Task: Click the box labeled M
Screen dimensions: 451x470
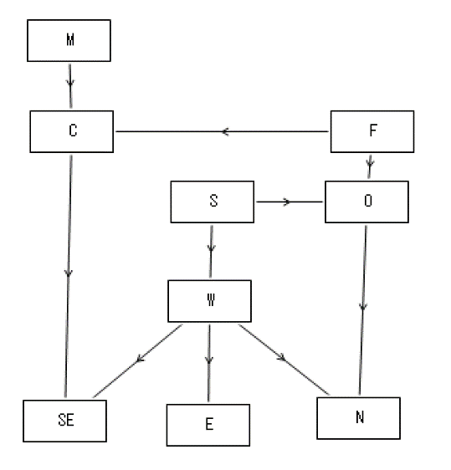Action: click(x=69, y=40)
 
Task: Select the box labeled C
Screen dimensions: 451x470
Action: click(x=72, y=131)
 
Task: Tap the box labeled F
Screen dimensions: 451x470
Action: click(x=372, y=131)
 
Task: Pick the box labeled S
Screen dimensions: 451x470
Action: click(x=213, y=202)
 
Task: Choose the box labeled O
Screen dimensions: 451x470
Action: click(x=366, y=202)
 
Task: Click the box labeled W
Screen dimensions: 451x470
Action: click(x=210, y=301)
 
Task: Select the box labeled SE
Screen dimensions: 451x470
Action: click(x=64, y=421)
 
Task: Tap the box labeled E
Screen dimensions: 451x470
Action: click(x=208, y=425)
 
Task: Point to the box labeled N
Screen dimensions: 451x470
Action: click(x=359, y=418)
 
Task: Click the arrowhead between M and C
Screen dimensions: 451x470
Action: click(x=70, y=83)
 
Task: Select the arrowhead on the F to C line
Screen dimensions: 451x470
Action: click(x=226, y=131)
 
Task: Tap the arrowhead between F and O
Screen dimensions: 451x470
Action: click(x=370, y=163)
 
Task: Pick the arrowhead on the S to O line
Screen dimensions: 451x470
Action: click(x=287, y=202)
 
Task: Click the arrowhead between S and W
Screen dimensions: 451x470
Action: click(x=211, y=248)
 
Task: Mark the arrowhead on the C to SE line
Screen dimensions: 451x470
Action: click(x=69, y=273)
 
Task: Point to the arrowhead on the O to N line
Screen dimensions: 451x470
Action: click(x=363, y=306)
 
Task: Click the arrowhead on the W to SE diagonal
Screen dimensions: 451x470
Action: click(x=140, y=358)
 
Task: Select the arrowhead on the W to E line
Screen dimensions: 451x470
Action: click(x=209, y=359)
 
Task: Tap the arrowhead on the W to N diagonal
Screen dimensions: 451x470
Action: click(x=282, y=357)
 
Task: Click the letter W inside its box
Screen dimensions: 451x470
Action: click(x=211, y=299)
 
